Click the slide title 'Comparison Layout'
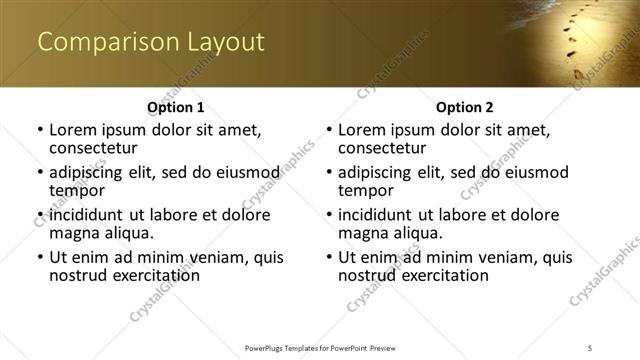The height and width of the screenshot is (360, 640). click(x=151, y=42)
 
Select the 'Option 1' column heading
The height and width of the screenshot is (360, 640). click(x=176, y=107)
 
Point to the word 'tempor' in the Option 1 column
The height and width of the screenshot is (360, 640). click(x=77, y=190)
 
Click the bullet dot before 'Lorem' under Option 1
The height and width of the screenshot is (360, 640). click(x=40, y=131)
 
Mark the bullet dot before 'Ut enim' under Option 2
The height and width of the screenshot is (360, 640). click(x=329, y=258)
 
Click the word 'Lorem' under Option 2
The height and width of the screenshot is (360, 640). click(x=361, y=130)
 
